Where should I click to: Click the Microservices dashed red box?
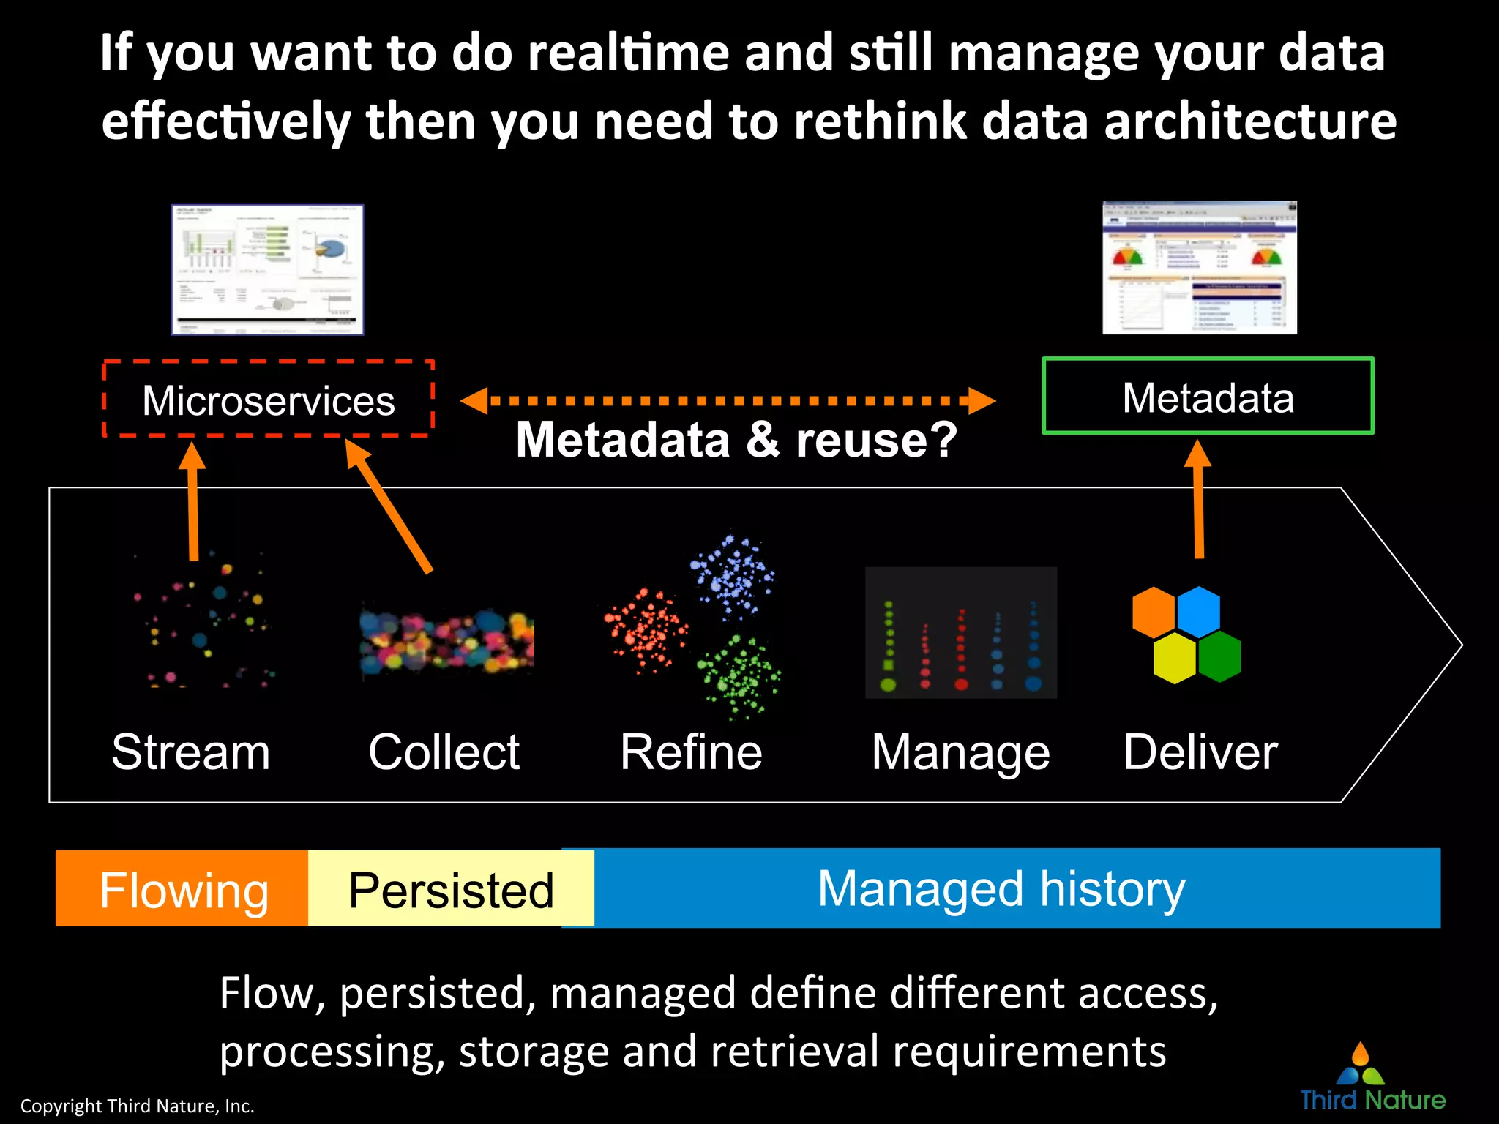268,400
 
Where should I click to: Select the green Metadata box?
1208,397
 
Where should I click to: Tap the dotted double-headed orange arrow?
728,400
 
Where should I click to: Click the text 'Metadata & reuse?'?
736,440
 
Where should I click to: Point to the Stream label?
190,752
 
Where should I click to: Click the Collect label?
444,752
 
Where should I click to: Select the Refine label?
691,752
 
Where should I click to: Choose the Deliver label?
1200,752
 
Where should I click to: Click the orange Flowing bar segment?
183,889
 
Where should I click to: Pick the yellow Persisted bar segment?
451,889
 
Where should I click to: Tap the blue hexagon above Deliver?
1199,611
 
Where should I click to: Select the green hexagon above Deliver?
1220,656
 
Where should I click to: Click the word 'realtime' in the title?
629,53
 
